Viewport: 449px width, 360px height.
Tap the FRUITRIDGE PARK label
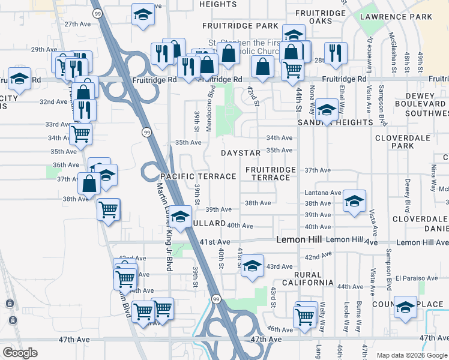(x=240, y=26)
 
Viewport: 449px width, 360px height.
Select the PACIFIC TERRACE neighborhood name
(x=197, y=176)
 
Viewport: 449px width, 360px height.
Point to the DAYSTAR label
(x=240, y=154)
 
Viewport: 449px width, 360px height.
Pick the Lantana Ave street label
(x=323, y=193)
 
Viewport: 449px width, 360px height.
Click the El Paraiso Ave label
(x=417, y=278)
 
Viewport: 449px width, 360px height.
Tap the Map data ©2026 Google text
(x=412, y=355)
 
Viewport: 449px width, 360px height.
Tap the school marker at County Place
(x=405, y=307)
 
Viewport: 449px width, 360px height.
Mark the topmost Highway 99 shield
(x=97, y=13)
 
